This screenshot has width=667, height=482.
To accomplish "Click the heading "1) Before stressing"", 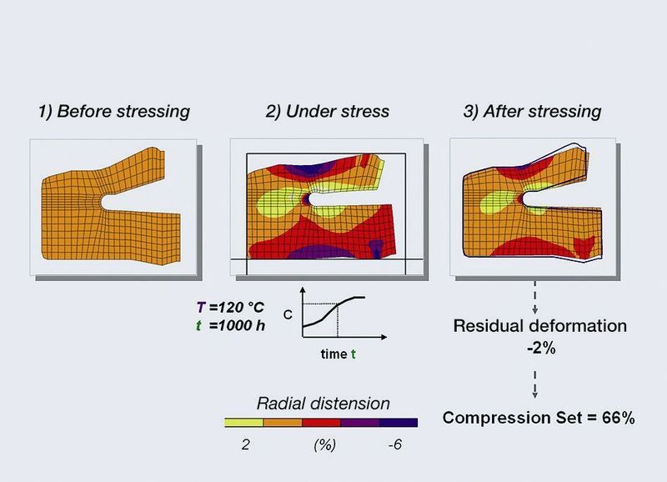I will click(114, 111).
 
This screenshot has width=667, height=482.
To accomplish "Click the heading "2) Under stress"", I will click(320, 111).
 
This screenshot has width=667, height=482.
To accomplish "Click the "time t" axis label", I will click(339, 354).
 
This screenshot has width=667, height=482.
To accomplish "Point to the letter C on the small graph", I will click(288, 314).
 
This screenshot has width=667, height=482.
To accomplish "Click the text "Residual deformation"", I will click(539, 325).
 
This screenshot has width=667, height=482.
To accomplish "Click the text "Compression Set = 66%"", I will click(539, 418).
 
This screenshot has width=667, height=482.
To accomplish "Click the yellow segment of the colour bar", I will click(244, 422).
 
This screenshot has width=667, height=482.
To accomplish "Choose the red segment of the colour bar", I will click(321, 422).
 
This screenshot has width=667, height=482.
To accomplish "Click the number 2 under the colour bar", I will click(244, 445).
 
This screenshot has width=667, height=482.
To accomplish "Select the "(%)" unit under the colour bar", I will click(323, 445).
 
